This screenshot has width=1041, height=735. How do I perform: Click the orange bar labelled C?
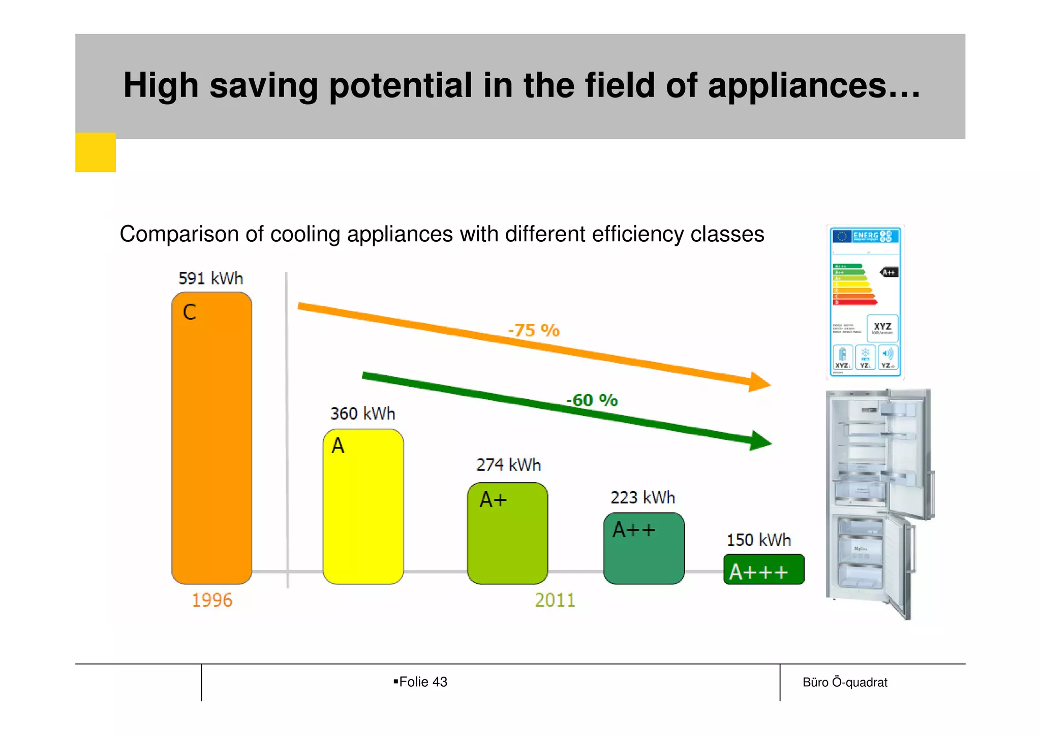(211, 438)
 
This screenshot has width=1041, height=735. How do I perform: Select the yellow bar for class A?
(363, 506)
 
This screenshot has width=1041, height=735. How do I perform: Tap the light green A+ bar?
(507, 533)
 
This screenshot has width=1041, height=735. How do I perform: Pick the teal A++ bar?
(644, 549)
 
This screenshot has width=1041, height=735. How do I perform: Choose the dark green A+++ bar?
(763, 570)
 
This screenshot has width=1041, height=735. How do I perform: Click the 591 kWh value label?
(210, 278)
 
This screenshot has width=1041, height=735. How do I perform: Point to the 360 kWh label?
(362, 413)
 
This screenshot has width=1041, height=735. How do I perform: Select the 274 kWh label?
(508, 465)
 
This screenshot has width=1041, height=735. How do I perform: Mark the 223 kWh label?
(642, 497)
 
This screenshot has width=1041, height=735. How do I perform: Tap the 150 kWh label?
(758, 540)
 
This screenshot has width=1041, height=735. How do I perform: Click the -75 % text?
(534, 331)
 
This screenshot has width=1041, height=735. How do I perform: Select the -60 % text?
(592, 400)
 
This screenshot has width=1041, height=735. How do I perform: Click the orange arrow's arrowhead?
(759, 382)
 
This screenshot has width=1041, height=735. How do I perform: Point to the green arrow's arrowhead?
(760, 441)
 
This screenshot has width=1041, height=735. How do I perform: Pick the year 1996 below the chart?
(211, 600)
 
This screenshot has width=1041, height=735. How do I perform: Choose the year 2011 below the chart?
(555, 600)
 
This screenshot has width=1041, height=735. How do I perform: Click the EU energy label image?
(865, 302)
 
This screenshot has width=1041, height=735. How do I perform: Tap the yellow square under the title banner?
(96, 152)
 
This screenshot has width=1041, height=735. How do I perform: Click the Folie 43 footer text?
(422, 682)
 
